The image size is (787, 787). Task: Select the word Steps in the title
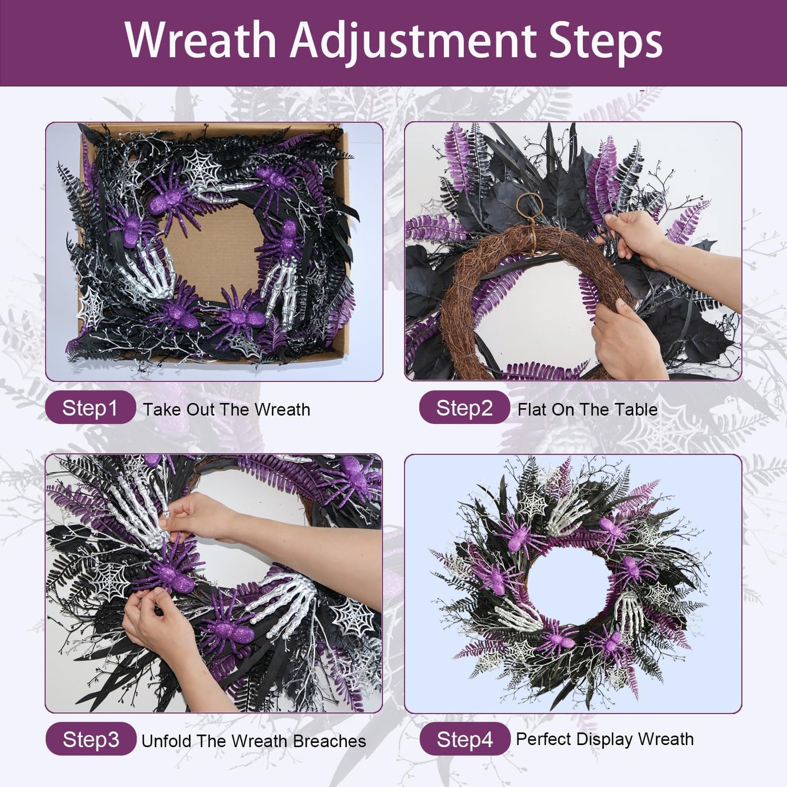pyautogui.click(x=605, y=41)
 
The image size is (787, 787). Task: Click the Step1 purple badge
pyautogui.click(x=90, y=408)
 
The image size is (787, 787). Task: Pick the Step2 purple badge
pyautogui.click(x=464, y=408)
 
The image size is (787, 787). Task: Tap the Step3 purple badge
pyautogui.click(x=90, y=739)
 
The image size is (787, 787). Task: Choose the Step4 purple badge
pyautogui.click(x=465, y=739)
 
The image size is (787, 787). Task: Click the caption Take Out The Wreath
pyautogui.click(x=227, y=410)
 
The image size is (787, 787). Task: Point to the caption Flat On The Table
pyautogui.click(x=587, y=410)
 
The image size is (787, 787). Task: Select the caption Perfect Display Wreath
pyautogui.click(x=605, y=739)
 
